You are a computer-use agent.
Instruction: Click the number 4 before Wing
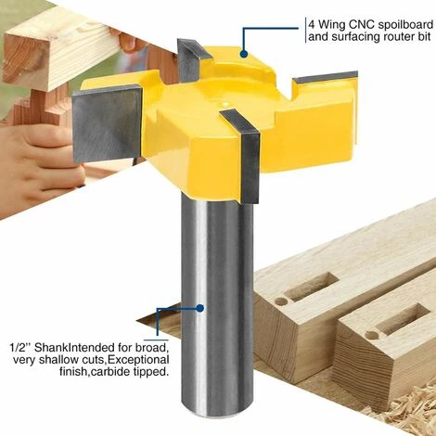point(312,24)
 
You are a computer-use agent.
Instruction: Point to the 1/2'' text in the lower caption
point(20,347)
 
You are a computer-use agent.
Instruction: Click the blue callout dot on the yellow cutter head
point(244,54)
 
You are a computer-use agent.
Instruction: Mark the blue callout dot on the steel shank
point(200,308)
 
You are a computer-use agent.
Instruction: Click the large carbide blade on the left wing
point(107,123)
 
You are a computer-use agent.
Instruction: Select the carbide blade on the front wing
point(244,155)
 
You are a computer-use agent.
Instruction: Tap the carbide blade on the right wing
point(326,77)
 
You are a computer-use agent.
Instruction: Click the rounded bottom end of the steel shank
point(216,412)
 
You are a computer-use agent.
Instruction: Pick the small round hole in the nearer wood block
point(372,335)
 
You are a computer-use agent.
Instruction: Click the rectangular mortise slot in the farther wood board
point(314,288)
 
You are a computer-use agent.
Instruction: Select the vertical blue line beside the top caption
point(305,30)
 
